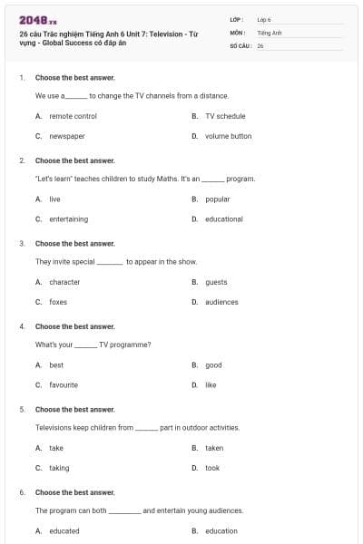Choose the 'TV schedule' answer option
pos(225,116)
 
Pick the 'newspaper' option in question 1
pos(67,136)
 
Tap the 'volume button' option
pos(228,136)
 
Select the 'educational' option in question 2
pos(224,219)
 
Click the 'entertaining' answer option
pos(69,219)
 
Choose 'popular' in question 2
pos(218,199)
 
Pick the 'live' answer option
pos(54,199)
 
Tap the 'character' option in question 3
pos(64,282)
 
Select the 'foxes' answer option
pos(58,302)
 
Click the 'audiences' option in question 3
pos(221,302)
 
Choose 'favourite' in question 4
pos(64,384)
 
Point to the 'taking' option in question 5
pos(59,468)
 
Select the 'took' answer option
pos(212,468)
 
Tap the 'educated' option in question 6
pos(64,531)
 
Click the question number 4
pos(22,326)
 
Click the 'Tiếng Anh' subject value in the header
pos(270,32)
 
